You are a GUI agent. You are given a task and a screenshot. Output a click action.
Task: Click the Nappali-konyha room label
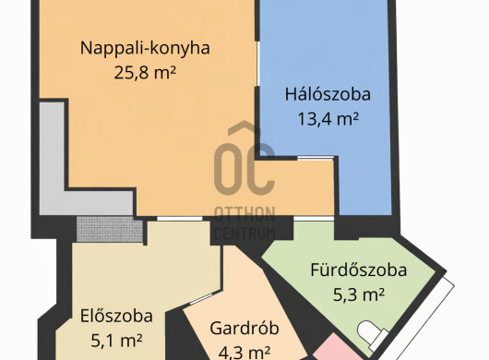[145, 48]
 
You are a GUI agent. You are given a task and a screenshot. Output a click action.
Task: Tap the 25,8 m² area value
[145, 73]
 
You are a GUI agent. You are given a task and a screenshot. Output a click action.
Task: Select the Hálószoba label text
[328, 94]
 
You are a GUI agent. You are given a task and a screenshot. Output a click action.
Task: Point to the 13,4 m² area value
[328, 118]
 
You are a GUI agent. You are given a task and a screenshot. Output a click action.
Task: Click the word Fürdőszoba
[359, 270]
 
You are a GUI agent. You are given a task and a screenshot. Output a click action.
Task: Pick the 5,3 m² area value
[359, 294]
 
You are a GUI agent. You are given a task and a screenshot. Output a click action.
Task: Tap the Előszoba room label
[116, 316]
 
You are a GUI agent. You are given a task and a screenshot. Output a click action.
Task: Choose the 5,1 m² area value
[116, 341]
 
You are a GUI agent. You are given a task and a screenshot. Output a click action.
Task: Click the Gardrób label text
[244, 329]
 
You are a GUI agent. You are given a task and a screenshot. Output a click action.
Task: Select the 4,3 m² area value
[244, 353]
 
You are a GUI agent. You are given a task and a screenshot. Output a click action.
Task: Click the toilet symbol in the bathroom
[372, 334]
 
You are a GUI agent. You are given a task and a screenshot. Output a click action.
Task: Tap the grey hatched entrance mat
[110, 229]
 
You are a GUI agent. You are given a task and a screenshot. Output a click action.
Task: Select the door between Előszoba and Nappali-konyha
[179, 219]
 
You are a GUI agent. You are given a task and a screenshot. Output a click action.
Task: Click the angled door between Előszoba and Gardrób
[202, 298]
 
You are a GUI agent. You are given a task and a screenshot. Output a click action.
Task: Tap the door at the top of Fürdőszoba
[314, 219]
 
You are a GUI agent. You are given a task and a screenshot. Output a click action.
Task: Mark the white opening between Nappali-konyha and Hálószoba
[258, 64]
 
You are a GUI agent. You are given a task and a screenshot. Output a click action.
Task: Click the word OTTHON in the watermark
[244, 214]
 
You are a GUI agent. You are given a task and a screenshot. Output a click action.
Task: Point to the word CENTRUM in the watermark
[244, 234]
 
